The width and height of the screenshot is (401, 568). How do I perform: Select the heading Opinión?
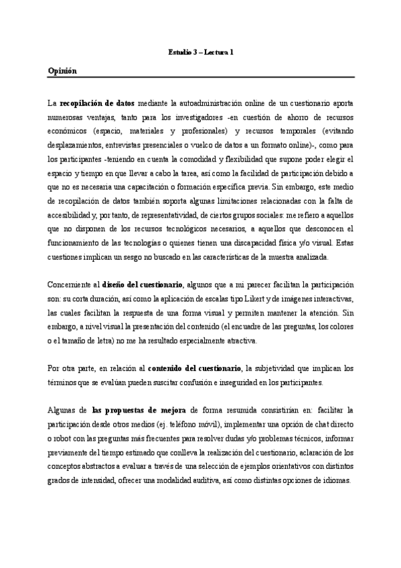tap(63, 71)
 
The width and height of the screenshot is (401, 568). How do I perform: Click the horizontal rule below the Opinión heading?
tap(201, 78)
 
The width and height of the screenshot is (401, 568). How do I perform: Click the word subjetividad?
tap(279, 368)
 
